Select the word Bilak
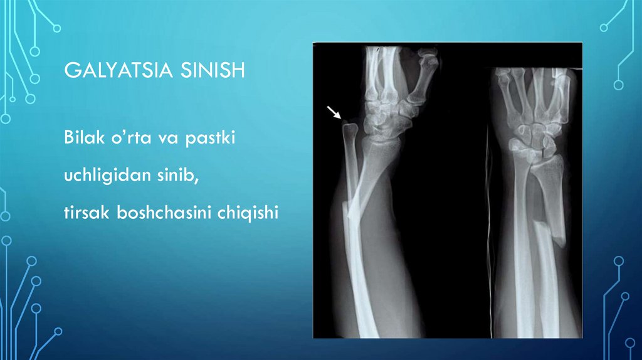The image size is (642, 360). pos(80,138)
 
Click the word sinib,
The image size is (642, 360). pos(178,176)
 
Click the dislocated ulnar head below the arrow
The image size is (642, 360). pos(350,131)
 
